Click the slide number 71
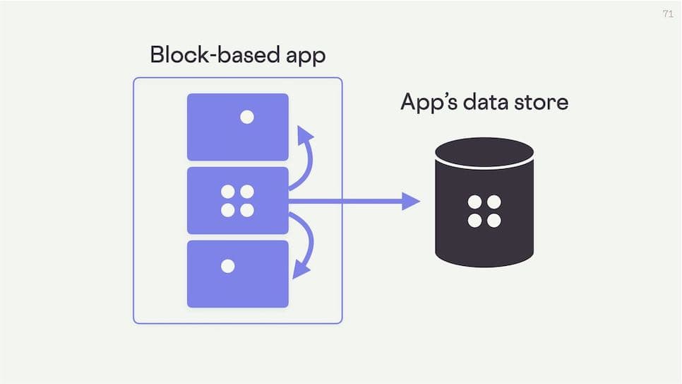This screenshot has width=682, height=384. tap(668, 13)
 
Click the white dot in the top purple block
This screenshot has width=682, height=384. tap(247, 117)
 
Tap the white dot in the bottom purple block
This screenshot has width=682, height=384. tap(227, 266)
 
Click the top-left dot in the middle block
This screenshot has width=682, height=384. tap(228, 192)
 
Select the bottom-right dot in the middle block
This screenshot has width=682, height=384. tap(247, 210)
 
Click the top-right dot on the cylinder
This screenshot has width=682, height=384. tap(494, 202)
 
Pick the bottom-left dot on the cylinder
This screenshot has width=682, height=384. tap(475, 221)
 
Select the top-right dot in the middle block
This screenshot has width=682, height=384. tap(247, 192)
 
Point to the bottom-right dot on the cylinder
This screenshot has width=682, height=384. tap(494, 221)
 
